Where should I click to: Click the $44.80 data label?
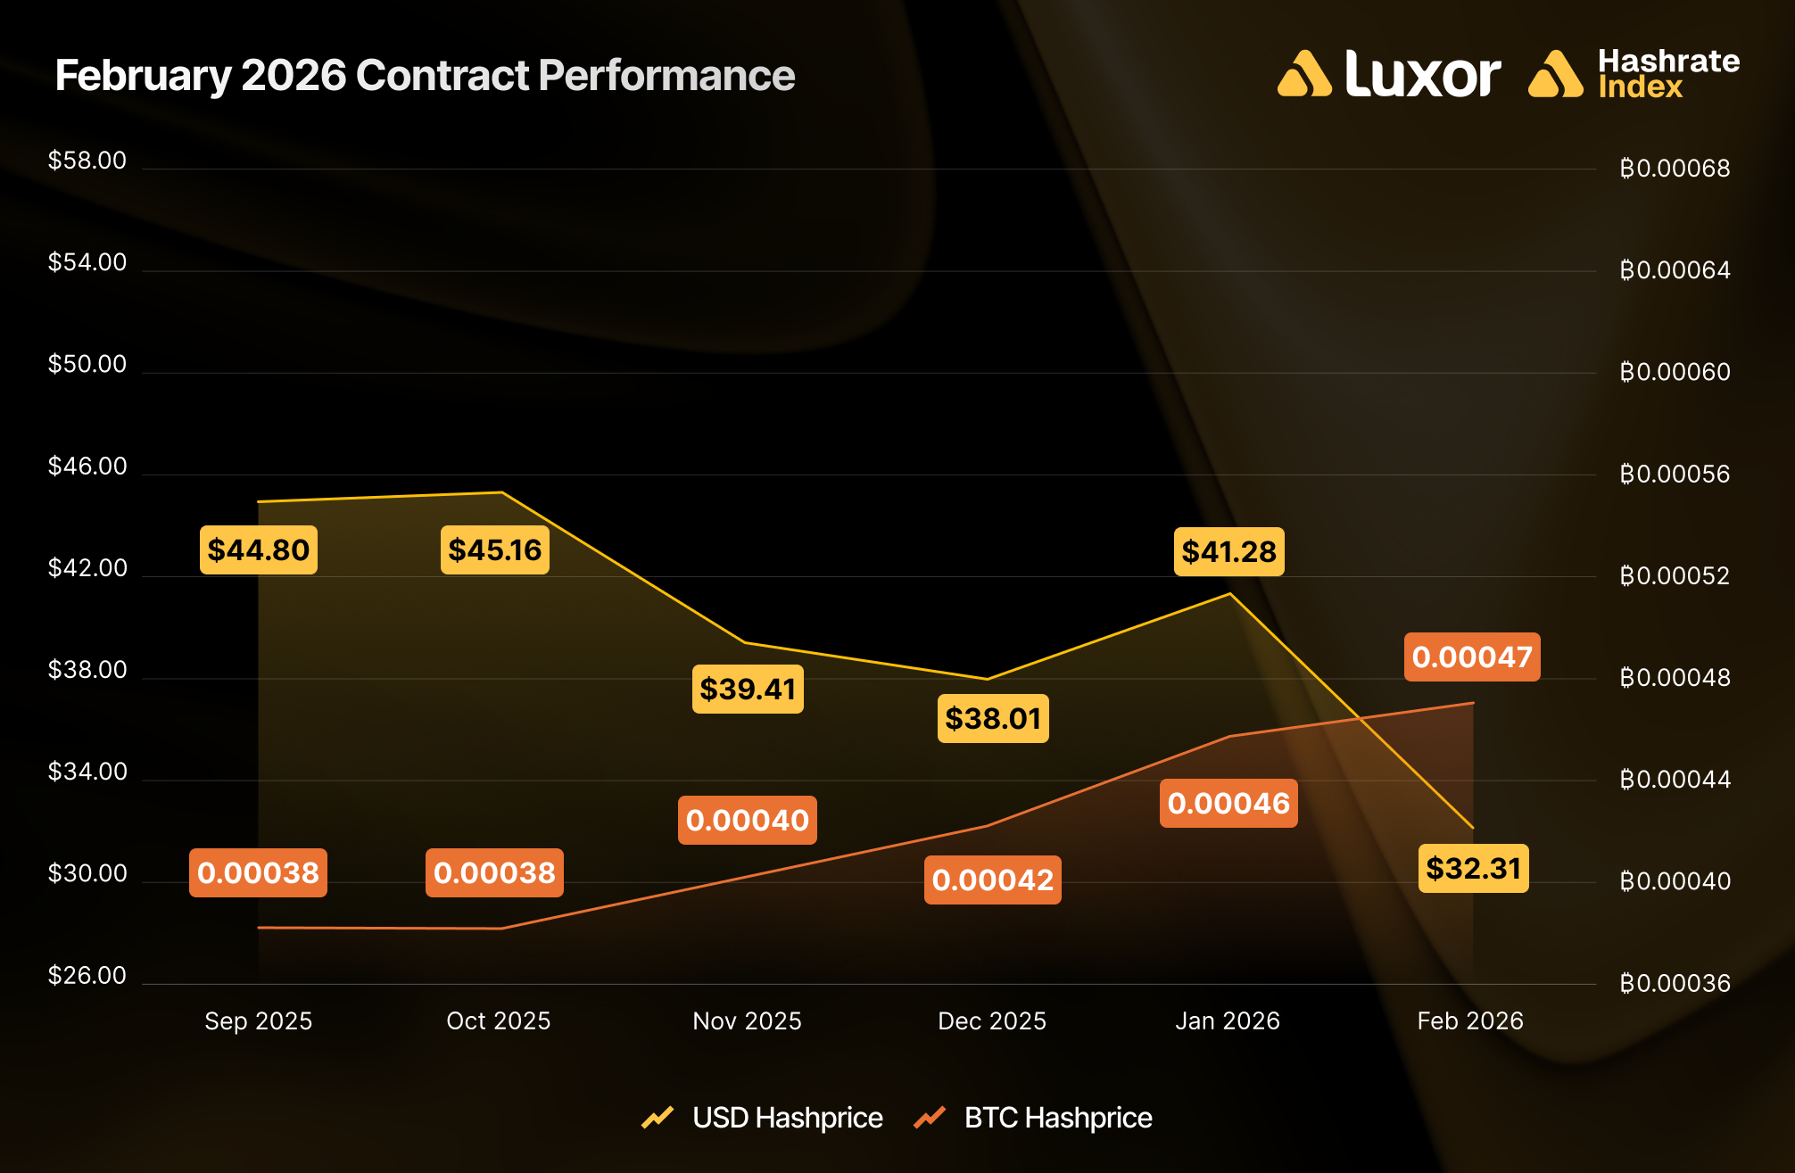point(258,549)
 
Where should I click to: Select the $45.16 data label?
point(494,549)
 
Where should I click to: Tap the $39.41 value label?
point(748,689)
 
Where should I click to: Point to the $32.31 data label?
point(1473,868)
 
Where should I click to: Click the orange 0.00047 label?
point(1472,657)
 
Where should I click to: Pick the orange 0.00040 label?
point(747,820)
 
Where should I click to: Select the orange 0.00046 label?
point(1228,803)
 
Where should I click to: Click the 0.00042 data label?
point(992,880)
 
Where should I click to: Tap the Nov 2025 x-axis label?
point(747,1020)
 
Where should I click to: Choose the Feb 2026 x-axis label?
point(1470,1020)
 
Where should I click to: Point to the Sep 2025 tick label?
point(259,1020)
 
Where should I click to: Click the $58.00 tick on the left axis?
point(87,161)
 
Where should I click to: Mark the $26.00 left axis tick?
point(87,975)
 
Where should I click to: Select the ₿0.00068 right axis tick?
point(1675,168)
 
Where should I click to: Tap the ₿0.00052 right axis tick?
point(1675,575)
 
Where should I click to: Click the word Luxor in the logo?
point(1422,74)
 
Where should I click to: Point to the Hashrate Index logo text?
point(1667,74)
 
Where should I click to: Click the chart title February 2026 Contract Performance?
point(425,75)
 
